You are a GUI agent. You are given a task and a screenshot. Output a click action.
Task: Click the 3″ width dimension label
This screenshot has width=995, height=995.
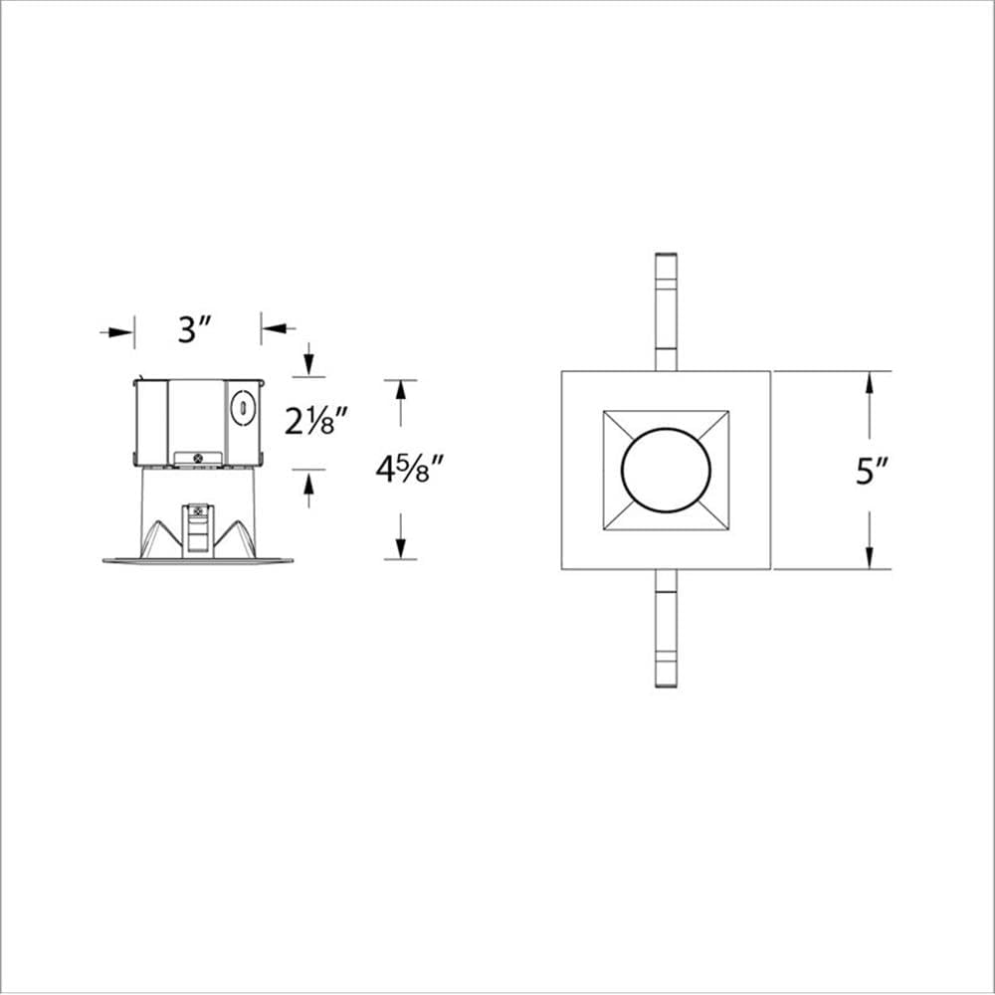[x=196, y=329]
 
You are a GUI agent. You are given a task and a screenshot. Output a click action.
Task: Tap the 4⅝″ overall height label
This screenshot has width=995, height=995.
[x=408, y=468]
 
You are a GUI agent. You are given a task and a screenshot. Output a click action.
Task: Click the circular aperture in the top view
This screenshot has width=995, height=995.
[x=666, y=471]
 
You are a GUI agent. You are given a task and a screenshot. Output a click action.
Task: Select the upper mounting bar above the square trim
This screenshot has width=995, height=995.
[x=666, y=311]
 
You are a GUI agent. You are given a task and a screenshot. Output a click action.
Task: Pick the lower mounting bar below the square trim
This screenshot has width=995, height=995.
[x=666, y=629]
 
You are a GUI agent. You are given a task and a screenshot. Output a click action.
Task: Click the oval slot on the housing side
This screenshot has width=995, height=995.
[x=240, y=407]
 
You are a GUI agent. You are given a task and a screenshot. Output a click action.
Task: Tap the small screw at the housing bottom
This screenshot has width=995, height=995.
[x=197, y=458]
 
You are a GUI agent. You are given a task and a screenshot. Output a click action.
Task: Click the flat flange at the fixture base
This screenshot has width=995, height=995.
[x=197, y=560]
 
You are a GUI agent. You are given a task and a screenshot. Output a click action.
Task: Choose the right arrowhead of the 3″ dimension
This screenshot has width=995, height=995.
[x=271, y=326]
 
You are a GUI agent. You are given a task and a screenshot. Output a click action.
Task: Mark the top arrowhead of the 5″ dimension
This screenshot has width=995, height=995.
[x=869, y=382]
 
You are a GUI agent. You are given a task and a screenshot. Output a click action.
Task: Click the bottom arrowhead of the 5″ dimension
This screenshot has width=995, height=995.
[x=869, y=558]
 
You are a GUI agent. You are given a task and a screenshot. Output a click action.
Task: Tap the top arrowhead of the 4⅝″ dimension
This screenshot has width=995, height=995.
[x=401, y=389]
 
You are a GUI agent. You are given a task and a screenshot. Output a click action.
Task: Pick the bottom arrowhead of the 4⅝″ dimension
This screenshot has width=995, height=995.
[x=401, y=548]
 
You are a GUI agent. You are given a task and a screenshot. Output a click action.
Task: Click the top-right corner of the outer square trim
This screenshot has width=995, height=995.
[x=770, y=372]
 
